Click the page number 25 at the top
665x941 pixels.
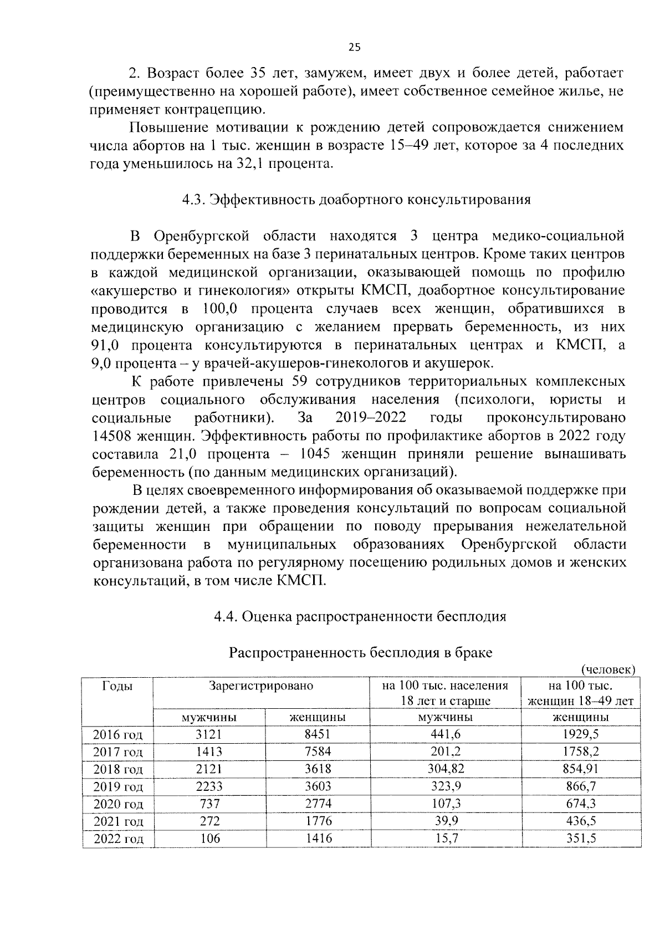(x=355, y=47)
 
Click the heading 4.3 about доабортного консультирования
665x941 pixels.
(x=356, y=200)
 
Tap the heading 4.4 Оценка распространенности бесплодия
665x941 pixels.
(x=360, y=616)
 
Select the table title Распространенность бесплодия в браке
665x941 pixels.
(x=361, y=652)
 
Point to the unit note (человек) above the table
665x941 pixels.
(x=607, y=669)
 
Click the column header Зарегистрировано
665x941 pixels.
(x=260, y=686)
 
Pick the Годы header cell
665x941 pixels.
(x=117, y=686)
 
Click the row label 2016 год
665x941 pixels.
(x=117, y=735)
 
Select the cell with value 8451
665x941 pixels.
(x=318, y=734)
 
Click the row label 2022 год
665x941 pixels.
(x=118, y=839)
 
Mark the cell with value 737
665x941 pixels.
(x=209, y=804)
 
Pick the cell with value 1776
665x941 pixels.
(x=318, y=821)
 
